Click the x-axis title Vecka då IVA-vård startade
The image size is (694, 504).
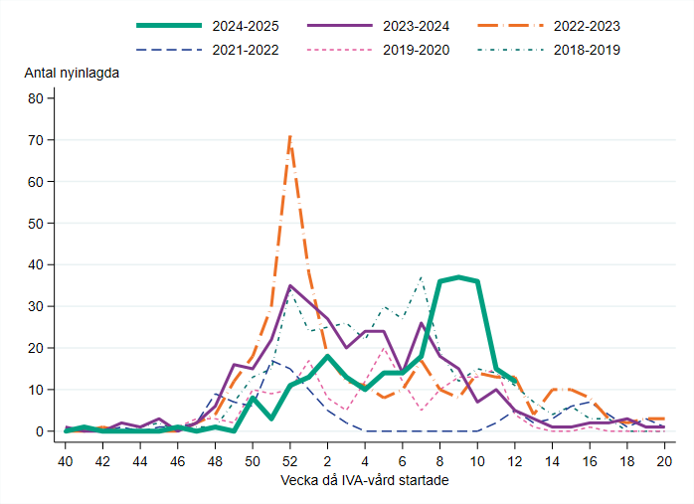[x=365, y=481]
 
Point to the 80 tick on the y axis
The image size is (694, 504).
[x=36, y=98]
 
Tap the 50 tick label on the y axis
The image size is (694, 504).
[x=36, y=224]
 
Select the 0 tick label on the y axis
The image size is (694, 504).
[x=40, y=431]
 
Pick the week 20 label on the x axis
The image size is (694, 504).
[x=663, y=461]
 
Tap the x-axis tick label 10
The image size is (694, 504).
[x=477, y=461]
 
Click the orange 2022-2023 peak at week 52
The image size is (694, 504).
[x=289, y=136]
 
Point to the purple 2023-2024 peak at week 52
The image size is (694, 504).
[x=290, y=286]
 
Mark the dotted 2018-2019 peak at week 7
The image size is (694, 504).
[x=421, y=278]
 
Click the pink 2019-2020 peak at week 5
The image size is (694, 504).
[x=384, y=348]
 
